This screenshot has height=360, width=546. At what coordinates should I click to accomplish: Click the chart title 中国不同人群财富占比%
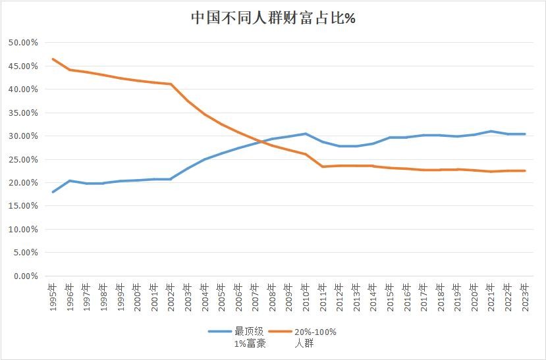(273, 18)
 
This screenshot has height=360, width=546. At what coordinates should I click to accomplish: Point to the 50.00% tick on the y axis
(23, 43)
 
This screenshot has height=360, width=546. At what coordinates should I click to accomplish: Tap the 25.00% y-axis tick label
(23, 159)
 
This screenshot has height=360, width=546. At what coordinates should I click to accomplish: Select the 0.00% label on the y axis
(25, 276)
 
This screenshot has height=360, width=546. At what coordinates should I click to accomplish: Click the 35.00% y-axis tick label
(23, 113)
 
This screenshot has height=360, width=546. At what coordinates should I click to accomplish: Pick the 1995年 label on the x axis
(53, 297)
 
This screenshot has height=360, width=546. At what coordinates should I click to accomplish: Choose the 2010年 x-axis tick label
(306, 297)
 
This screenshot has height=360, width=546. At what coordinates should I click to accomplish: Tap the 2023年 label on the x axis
(525, 297)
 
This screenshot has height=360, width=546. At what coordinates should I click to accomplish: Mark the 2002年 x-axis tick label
(171, 297)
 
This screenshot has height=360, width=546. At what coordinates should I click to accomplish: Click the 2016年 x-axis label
(407, 297)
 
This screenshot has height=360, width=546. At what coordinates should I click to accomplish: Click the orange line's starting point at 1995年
(53, 59)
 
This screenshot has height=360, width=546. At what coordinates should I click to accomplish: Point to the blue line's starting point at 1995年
(53, 192)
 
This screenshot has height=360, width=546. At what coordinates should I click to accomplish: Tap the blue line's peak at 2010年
(306, 134)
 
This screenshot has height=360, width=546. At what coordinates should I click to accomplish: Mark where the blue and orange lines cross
(262, 141)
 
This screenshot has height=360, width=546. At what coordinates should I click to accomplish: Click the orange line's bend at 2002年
(171, 84)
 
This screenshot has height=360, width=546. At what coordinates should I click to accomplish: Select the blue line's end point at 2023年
(525, 134)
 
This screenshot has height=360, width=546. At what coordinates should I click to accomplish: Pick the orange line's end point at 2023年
(525, 170)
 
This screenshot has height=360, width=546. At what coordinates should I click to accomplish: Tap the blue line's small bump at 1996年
(70, 180)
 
